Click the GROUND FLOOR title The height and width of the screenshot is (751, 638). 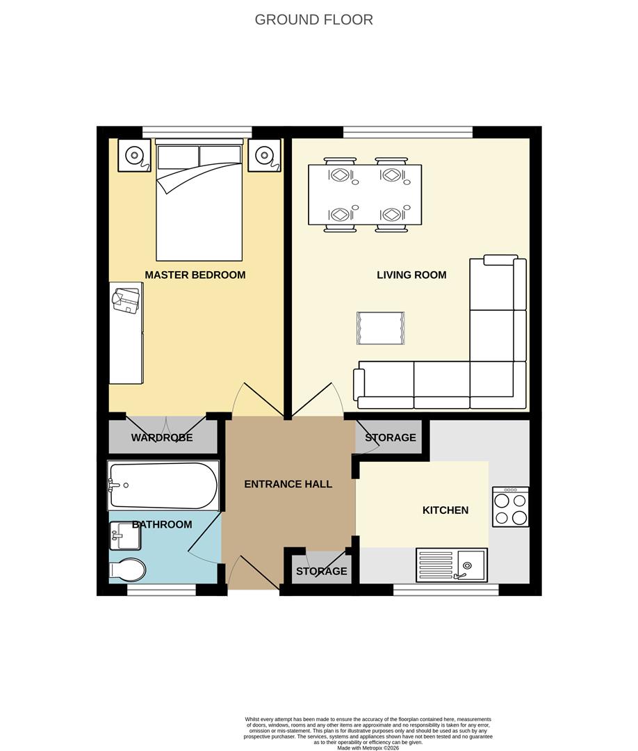pyautogui.click(x=313, y=19)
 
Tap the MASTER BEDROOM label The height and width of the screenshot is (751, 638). pyautogui.click(x=195, y=275)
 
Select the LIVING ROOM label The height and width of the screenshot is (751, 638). pyautogui.click(x=411, y=275)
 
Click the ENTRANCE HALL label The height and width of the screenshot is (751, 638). pyautogui.click(x=288, y=484)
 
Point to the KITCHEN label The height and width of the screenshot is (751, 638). pyautogui.click(x=445, y=510)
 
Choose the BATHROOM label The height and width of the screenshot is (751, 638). pyautogui.click(x=162, y=524)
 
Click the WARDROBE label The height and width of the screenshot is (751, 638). pyautogui.click(x=162, y=438)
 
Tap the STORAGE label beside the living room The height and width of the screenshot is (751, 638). pyautogui.click(x=391, y=437)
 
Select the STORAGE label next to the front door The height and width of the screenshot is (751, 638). pyautogui.click(x=321, y=571)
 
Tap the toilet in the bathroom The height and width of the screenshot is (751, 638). pyautogui.click(x=127, y=570)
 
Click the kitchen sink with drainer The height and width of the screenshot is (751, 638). pyautogui.click(x=452, y=565)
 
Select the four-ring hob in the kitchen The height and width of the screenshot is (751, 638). pyautogui.click(x=510, y=507)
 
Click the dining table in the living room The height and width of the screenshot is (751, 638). pyautogui.click(x=365, y=194)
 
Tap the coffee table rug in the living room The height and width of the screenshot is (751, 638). pyautogui.click(x=380, y=328)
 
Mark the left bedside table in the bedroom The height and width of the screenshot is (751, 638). pyautogui.click(x=133, y=155)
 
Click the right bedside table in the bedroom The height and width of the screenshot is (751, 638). pyautogui.click(x=265, y=155)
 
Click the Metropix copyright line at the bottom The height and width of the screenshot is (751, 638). pyautogui.click(x=368, y=748)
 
